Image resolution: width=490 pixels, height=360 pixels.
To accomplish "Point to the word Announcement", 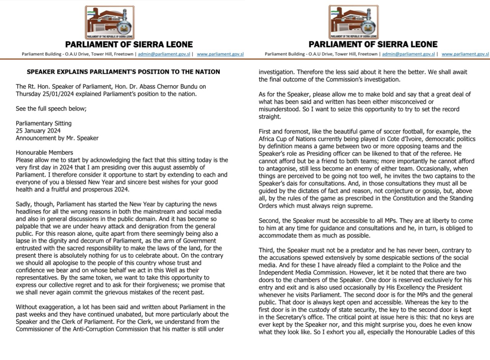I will click(x=35, y=138).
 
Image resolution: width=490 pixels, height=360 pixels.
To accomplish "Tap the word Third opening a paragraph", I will click(x=266, y=250).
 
